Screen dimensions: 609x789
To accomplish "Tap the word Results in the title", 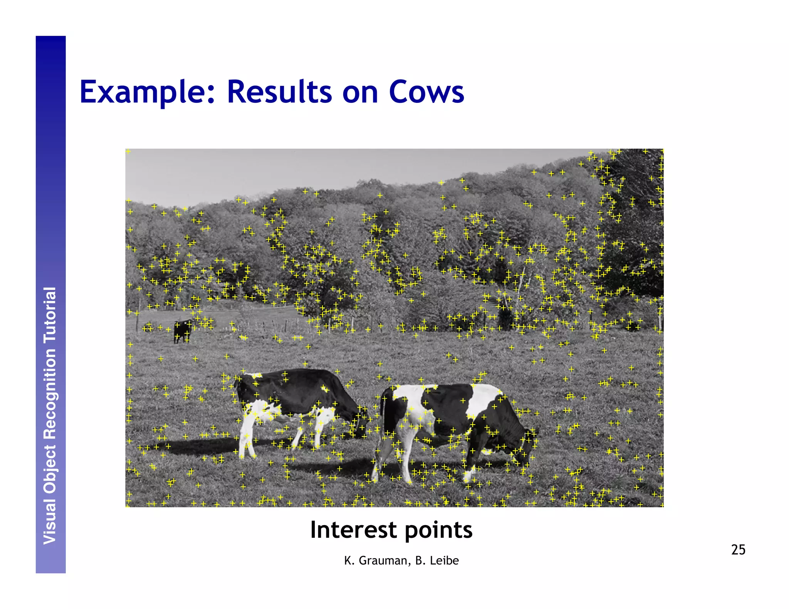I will tap(279, 92).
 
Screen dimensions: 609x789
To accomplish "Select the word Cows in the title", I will tap(426, 92).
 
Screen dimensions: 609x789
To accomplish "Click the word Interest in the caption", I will tap(354, 530).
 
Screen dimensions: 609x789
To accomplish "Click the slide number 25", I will tap(738, 550).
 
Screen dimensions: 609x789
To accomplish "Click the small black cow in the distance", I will tap(181, 330).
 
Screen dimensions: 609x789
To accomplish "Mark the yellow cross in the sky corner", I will tap(128, 151).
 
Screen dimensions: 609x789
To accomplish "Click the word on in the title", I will tap(360, 92).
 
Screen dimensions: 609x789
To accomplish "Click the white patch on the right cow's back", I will tap(483, 398).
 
